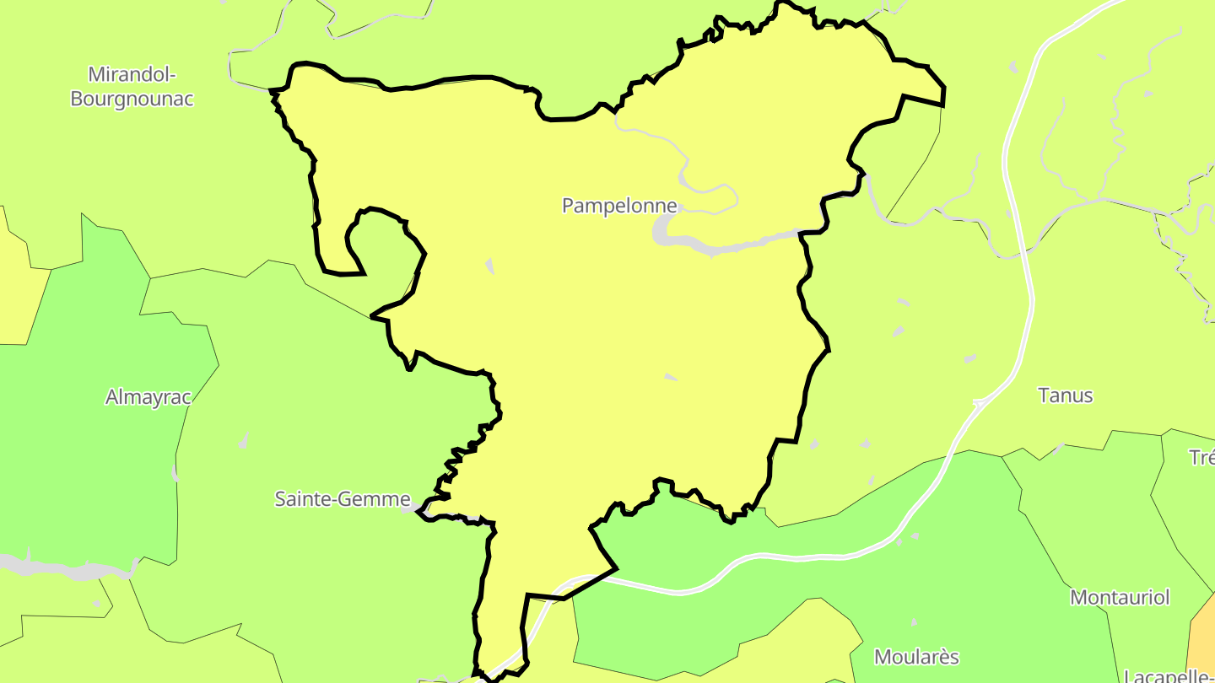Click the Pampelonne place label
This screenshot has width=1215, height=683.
click(x=619, y=206)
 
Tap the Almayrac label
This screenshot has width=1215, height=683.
click(x=148, y=397)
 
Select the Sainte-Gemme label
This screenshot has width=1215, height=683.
click(x=343, y=499)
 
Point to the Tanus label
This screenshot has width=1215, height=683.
click(x=1065, y=395)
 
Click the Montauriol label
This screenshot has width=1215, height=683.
click(x=1120, y=598)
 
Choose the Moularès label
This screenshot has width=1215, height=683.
click(x=916, y=657)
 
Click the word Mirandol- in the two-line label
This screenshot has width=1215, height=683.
click(x=132, y=74)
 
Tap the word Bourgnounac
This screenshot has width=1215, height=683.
click(x=132, y=99)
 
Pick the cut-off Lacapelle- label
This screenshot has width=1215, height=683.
click(x=1169, y=675)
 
